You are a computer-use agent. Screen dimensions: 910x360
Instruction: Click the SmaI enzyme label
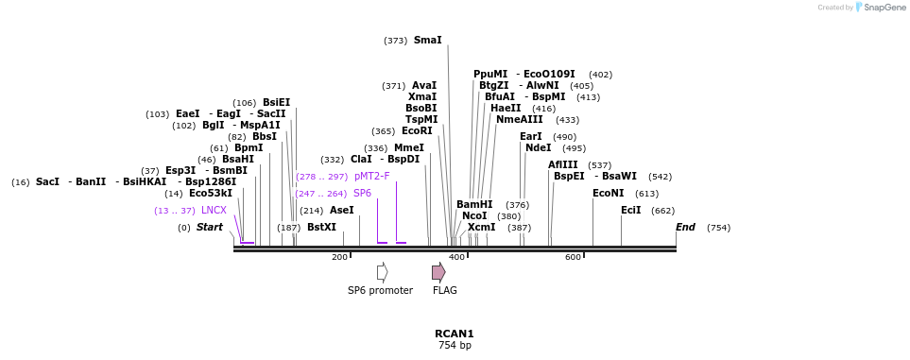(x=428, y=40)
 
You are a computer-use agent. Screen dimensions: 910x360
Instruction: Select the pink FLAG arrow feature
(x=438, y=272)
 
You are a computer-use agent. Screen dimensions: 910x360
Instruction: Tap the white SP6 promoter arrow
(x=383, y=272)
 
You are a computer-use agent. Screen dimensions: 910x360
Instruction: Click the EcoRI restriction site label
(x=418, y=130)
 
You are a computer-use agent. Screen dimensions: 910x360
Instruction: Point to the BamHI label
(x=474, y=204)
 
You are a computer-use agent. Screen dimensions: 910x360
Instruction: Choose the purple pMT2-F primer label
(x=372, y=176)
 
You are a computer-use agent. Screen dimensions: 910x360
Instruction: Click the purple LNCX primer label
(x=215, y=210)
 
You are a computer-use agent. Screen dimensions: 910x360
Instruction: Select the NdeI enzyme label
(x=539, y=147)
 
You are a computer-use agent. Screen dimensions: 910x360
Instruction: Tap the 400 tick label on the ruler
(x=456, y=257)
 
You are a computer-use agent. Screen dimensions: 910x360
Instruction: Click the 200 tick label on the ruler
(x=339, y=257)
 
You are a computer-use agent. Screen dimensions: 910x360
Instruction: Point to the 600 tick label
(x=573, y=257)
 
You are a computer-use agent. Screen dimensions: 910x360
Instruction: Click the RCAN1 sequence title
(x=455, y=334)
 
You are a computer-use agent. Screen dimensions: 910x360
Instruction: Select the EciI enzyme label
(x=631, y=210)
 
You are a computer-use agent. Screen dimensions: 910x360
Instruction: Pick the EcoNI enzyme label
(x=610, y=194)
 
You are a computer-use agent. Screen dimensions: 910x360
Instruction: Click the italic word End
(x=685, y=227)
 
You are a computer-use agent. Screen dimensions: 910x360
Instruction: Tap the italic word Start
(x=210, y=227)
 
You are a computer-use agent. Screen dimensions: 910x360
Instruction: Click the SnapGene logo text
(x=884, y=8)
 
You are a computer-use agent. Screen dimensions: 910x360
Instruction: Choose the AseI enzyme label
(x=342, y=210)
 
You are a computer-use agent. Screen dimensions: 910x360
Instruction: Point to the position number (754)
(x=718, y=228)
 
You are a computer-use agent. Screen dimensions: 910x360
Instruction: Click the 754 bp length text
(x=455, y=346)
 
